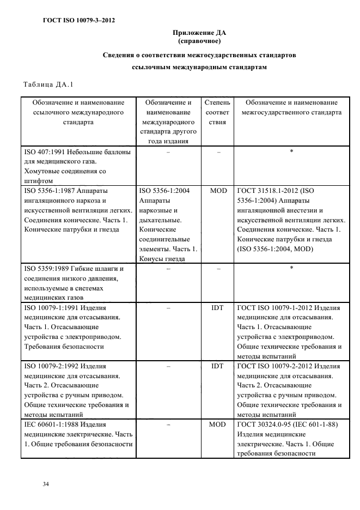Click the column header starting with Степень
(217, 102)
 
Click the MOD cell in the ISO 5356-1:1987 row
(217, 191)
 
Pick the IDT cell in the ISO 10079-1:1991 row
(217, 308)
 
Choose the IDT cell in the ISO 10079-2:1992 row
(217, 367)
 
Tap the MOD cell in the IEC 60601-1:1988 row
(217, 423)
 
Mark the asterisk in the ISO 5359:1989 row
(291, 268)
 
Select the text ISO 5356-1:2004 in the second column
(164, 191)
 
